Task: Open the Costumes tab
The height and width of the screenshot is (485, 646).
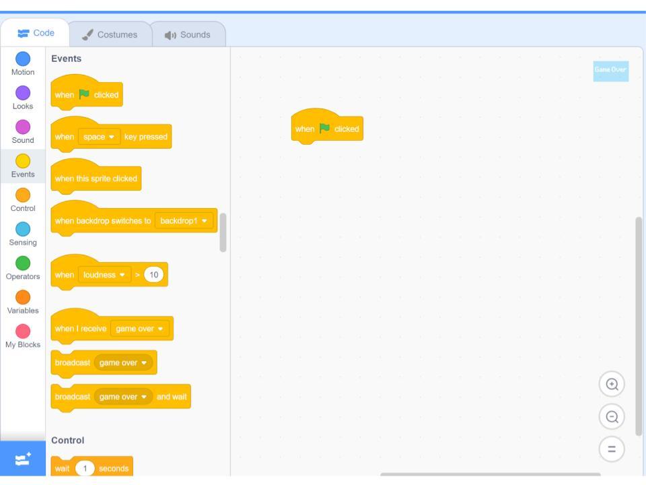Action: tap(110, 34)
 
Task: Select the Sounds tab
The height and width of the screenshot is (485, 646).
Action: tap(188, 34)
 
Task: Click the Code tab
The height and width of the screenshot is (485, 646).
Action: tap(36, 33)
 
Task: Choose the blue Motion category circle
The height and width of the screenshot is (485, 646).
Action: tap(23, 59)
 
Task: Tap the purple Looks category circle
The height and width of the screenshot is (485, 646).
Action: tap(23, 93)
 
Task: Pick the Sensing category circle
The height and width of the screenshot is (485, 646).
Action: tap(23, 229)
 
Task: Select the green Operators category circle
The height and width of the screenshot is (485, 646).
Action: tap(23, 263)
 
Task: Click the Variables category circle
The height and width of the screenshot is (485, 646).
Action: tap(23, 297)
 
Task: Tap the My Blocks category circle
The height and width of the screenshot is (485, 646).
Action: tap(23, 331)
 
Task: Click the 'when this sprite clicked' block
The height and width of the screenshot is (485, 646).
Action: tap(96, 178)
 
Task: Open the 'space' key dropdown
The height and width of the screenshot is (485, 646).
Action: tap(99, 137)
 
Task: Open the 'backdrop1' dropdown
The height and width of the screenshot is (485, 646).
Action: tap(184, 221)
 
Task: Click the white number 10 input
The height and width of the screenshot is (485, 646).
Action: tap(153, 275)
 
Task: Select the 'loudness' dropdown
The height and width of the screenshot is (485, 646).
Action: tap(104, 275)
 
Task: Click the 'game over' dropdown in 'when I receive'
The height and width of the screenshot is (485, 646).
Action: tap(140, 329)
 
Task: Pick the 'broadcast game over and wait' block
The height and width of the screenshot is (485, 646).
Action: tap(120, 397)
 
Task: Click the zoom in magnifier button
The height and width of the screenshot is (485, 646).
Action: tap(612, 385)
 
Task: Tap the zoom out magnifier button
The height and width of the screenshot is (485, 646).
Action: tap(612, 417)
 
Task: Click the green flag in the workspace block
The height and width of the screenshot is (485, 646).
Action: tap(324, 128)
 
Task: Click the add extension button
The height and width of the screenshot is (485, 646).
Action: tap(23, 459)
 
